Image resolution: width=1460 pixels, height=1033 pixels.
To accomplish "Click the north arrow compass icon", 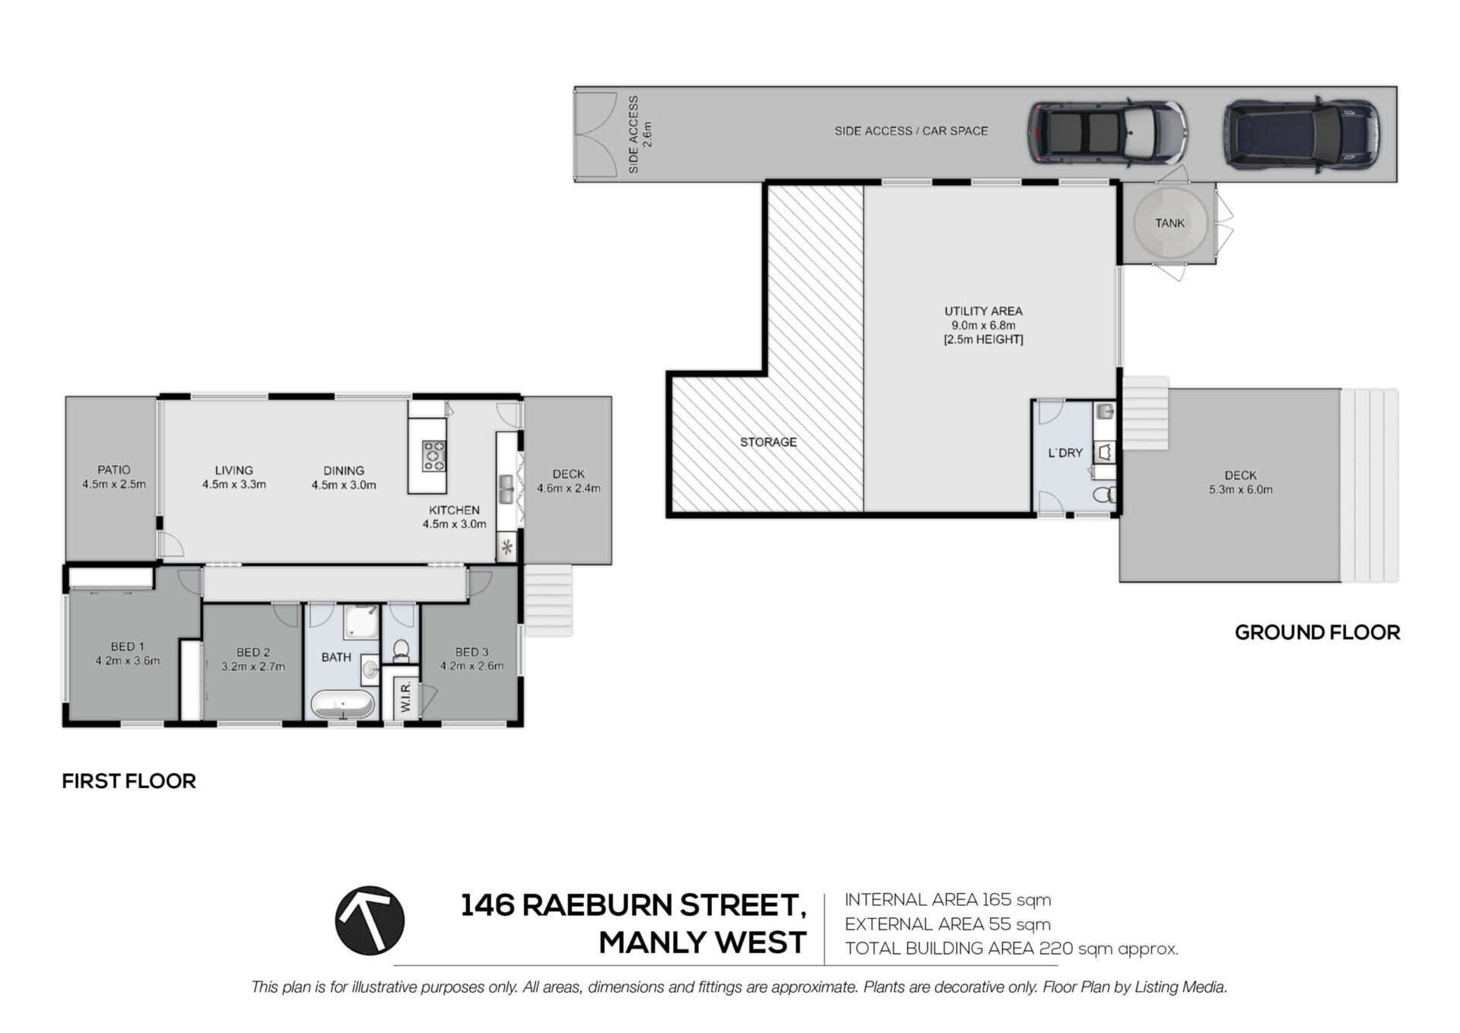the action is [370, 920].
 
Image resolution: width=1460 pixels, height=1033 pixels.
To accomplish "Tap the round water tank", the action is [1170, 223].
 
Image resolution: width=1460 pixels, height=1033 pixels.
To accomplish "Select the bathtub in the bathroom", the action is [344, 704].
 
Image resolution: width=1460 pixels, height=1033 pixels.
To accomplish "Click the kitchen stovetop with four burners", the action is [434, 456].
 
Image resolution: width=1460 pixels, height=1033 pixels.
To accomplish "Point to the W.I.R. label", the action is [405, 697].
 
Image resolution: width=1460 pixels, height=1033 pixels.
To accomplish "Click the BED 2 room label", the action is [253, 652].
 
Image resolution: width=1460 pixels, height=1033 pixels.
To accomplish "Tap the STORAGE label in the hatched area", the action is [768, 442].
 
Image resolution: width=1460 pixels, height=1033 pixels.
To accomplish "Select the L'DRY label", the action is [1065, 453].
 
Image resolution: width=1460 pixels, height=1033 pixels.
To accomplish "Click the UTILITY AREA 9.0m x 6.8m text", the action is [983, 318].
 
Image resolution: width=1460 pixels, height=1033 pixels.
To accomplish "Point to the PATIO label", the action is [114, 470].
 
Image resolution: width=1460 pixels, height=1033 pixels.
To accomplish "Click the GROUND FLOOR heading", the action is [1317, 632].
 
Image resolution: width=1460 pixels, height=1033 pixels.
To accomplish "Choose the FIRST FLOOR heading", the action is [129, 781].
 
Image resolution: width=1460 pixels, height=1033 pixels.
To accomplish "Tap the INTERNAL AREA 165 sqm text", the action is [947, 900].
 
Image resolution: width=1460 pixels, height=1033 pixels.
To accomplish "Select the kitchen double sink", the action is [506, 489].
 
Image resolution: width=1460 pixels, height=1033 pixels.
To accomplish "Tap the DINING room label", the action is [344, 471].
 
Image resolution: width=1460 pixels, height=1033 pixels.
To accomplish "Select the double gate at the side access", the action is [595, 135].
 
